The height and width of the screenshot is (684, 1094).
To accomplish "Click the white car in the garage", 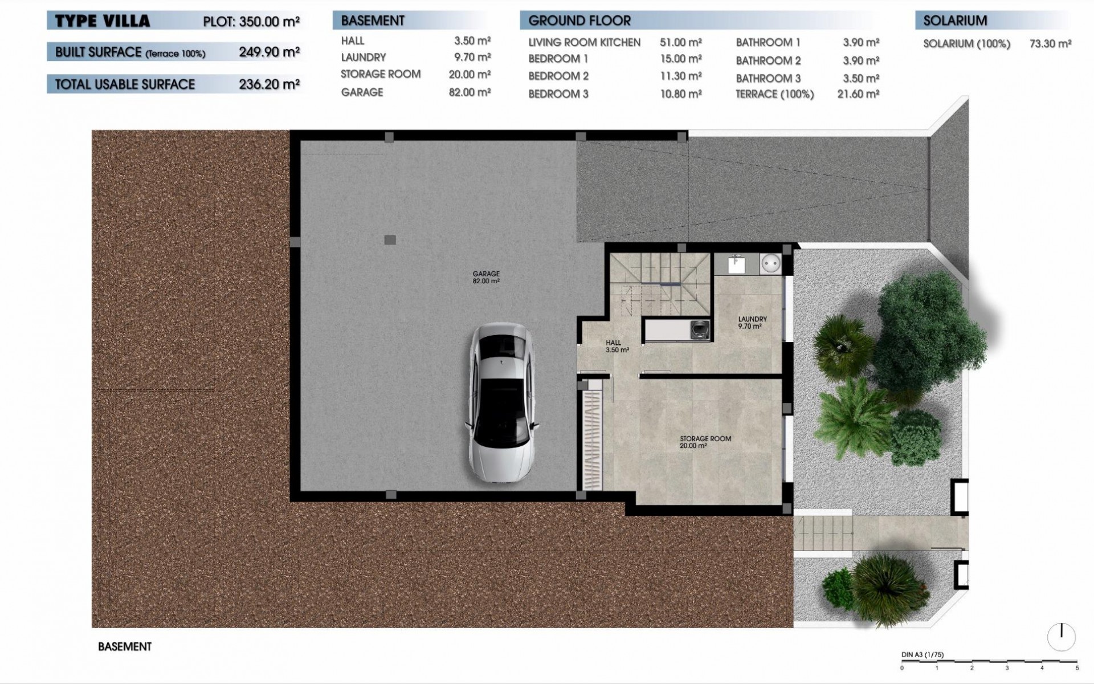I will click(x=501, y=404).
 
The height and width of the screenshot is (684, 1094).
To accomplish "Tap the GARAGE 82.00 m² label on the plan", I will click(x=486, y=278).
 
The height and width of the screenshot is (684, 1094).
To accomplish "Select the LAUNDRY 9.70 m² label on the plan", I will click(x=752, y=323).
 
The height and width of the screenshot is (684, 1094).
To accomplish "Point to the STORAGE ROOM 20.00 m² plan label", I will click(x=705, y=442).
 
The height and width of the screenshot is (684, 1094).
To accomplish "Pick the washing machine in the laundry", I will click(x=700, y=329).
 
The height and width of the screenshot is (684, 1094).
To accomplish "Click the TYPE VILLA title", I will click(x=103, y=22).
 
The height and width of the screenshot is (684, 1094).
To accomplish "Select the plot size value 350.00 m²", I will click(x=270, y=22).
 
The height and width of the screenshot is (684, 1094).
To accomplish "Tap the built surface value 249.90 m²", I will click(x=269, y=52).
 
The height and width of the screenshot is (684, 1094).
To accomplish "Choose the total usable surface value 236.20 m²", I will click(x=269, y=84).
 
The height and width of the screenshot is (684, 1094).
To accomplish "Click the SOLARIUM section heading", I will click(x=955, y=21).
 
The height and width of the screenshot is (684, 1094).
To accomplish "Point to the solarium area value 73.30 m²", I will click(x=1050, y=44).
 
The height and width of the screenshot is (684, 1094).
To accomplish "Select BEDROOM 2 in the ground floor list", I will click(x=558, y=76).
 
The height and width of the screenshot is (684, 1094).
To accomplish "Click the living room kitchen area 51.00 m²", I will click(x=680, y=43).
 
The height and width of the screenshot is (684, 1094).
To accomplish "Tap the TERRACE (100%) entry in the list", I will click(x=774, y=95).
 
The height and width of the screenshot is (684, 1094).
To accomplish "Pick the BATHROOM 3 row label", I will click(x=768, y=79).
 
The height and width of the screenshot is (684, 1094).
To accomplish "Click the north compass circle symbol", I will click(x=1062, y=637).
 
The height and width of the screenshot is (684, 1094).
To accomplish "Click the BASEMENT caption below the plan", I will click(x=125, y=647).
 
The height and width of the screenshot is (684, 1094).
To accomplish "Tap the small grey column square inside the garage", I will click(x=390, y=240).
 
